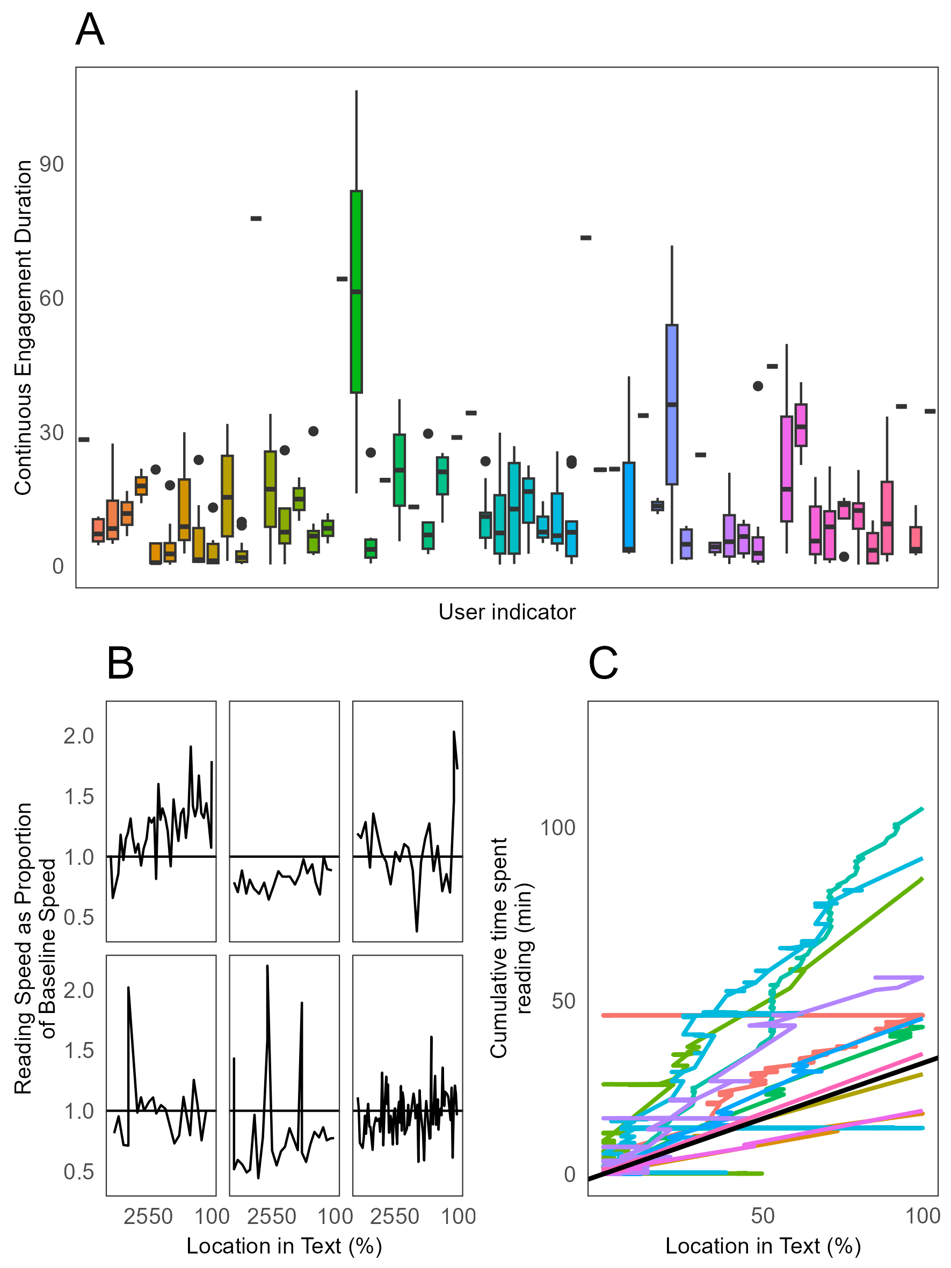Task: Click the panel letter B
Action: (x=120, y=663)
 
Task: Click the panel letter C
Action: (x=603, y=663)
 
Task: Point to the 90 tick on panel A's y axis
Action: (x=52, y=164)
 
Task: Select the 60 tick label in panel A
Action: (x=52, y=298)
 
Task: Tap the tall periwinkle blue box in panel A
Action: (x=671, y=404)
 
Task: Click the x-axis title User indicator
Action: (x=507, y=612)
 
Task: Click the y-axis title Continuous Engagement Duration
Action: (x=23, y=327)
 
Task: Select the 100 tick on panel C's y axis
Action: (x=557, y=828)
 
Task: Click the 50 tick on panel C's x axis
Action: (x=763, y=1216)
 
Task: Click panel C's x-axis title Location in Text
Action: (x=763, y=1246)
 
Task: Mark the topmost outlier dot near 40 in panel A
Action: (x=757, y=386)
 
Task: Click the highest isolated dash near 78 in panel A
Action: (x=256, y=218)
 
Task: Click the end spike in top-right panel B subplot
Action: (x=454, y=732)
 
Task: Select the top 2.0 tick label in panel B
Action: (x=78, y=735)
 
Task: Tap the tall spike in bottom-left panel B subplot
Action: (x=128, y=988)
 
